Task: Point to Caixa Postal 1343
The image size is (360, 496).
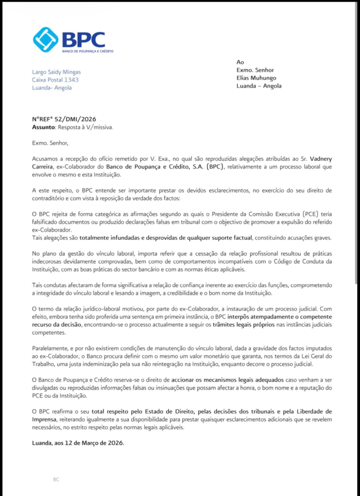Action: tap(55, 80)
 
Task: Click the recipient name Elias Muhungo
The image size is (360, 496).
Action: tap(256, 78)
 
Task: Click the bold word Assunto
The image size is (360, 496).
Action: tap(44, 127)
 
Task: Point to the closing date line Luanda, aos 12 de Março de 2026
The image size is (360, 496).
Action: tap(77, 443)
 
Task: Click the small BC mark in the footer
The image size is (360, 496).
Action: tap(56, 479)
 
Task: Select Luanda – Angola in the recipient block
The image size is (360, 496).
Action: tap(259, 86)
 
